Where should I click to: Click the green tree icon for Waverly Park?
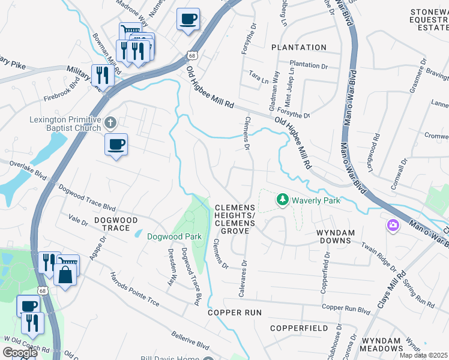[x=282, y=199]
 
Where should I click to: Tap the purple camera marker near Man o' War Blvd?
[x=393, y=226]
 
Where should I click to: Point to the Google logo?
[x=19, y=353]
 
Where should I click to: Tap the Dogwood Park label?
[x=175, y=236]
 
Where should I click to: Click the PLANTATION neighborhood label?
[x=298, y=47]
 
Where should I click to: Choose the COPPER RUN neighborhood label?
[x=235, y=313]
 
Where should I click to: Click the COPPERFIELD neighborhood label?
[x=299, y=328]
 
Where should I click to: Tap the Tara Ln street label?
[x=259, y=79]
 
